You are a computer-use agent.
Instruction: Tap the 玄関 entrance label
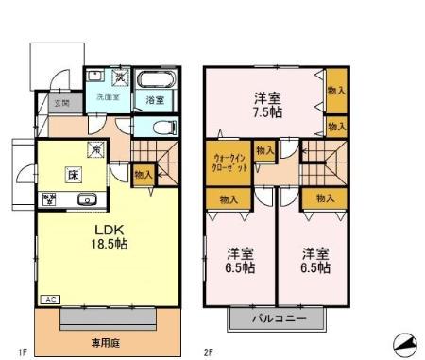[x=60, y=102]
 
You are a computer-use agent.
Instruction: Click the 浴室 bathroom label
[x=154, y=98]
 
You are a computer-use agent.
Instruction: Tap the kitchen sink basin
[x=86, y=198]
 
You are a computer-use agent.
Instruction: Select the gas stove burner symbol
[x=49, y=198]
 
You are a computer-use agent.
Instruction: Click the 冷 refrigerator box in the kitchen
[x=95, y=148]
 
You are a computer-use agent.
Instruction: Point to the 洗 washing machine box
[x=121, y=76]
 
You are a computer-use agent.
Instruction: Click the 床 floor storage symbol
[x=72, y=174]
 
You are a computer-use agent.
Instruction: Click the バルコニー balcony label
[x=278, y=318]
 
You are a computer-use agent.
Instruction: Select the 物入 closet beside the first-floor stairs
[x=144, y=174]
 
